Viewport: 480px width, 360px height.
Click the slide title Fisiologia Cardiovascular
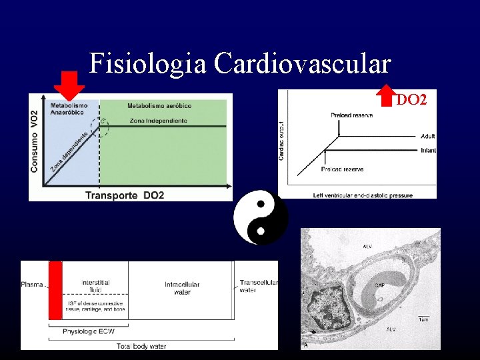(x=240, y=64)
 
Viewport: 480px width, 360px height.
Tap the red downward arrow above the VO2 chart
(x=69, y=84)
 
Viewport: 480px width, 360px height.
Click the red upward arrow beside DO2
(x=386, y=95)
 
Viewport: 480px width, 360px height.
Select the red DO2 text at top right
(x=411, y=101)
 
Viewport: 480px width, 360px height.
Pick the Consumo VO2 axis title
(x=35, y=143)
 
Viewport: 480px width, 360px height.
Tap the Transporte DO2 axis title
(x=125, y=195)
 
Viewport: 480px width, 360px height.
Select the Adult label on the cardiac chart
(x=427, y=136)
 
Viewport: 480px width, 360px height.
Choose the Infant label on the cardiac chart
(x=428, y=151)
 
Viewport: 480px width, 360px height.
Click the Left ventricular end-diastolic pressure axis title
(x=363, y=195)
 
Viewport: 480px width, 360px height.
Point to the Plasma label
(x=32, y=285)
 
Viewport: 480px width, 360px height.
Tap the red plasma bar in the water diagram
(x=55, y=290)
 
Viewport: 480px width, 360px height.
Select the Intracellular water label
(x=181, y=288)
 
